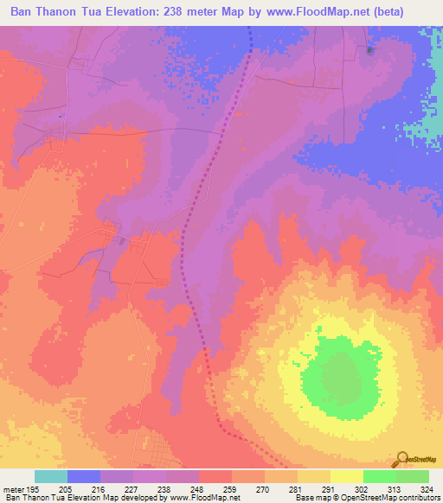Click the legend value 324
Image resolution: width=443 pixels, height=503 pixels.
[427, 489]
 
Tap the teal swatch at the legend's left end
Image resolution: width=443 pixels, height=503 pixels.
[51, 476]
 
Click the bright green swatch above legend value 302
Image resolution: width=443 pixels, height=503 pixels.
[379, 476]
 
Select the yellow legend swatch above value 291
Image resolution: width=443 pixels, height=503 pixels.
[346, 476]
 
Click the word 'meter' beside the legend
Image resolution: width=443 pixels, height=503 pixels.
[13, 489]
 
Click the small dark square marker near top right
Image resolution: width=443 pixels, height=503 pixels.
[370, 50]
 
